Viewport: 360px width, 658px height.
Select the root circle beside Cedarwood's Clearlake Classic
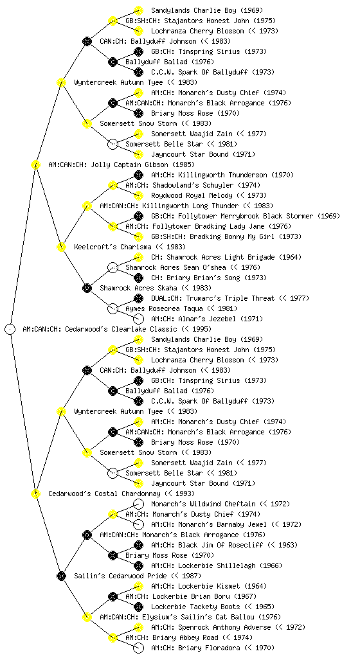(10, 329)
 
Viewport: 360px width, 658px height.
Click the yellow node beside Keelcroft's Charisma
(61, 247)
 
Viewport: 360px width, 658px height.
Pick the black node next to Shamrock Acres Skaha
(87, 288)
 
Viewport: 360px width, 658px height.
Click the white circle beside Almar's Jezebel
(138, 319)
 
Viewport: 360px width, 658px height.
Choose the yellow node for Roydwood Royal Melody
(138, 195)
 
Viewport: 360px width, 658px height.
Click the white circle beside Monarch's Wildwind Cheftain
(138, 504)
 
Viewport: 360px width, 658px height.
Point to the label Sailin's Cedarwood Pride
(120, 576)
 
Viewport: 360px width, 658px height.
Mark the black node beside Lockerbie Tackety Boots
(138, 607)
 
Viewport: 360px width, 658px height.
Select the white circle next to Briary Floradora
(138, 648)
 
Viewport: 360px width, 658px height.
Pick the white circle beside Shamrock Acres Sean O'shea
(113, 267)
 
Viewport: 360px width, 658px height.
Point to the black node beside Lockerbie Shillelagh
(138, 565)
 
